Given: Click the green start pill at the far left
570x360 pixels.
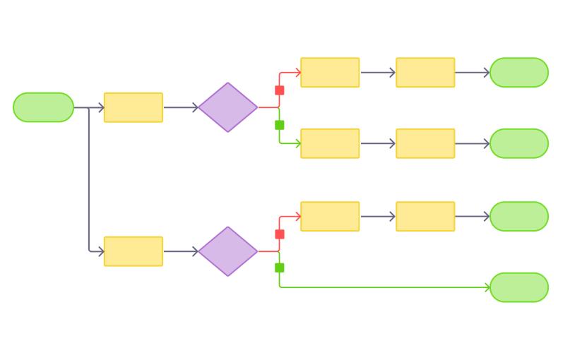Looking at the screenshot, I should (x=43, y=107).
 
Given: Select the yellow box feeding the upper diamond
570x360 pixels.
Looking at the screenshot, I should (x=133, y=107).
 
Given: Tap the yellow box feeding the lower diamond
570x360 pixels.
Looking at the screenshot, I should (x=133, y=251).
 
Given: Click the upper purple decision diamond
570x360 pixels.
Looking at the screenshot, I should (x=228, y=107).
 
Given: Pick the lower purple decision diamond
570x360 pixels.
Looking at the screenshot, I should (x=228, y=251).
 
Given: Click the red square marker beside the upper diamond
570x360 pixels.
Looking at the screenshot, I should (x=280, y=90).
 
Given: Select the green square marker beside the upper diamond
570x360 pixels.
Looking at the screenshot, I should (x=280, y=125).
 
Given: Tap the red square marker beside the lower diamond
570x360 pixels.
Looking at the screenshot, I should (x=280, y=234).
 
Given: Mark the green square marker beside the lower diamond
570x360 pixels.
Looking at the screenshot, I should (x=280, y=268).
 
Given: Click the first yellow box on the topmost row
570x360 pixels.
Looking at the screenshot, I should (x=330, y=73).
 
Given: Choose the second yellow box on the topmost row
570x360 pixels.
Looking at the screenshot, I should (x=425, y=73).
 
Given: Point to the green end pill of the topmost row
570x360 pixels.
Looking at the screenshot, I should (x=519, y=73).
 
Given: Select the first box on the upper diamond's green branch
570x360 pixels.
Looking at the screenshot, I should (x=330, y=143).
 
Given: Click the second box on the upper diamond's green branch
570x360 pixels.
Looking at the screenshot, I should (x=425, y=143).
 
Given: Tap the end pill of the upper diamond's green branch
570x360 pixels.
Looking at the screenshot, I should (x=519, y=143).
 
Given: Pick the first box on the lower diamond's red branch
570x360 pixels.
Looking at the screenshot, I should (x=330, y=217).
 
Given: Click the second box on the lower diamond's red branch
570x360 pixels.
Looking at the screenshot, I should (x=425, y=217).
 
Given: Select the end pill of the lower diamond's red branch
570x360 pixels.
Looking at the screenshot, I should (x=519, y=217).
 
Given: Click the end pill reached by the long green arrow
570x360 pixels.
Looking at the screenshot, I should (x=519, y=287).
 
